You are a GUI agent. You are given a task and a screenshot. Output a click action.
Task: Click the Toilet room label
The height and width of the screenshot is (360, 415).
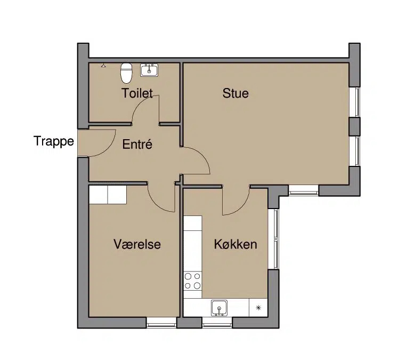tap(137, 93)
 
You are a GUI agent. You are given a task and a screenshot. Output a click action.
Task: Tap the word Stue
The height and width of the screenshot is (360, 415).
tap(235, 93)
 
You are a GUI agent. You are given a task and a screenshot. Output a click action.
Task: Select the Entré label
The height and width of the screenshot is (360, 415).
tap(137, 144)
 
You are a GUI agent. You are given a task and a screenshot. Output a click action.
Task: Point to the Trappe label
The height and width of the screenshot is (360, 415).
tap(54, 141)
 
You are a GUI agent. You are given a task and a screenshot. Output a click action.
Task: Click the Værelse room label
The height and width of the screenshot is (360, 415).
tap(137, 244)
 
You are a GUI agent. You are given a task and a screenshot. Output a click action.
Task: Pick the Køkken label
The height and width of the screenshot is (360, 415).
tap(235, 244)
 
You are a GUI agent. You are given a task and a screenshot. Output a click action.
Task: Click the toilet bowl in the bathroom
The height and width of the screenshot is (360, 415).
tap(126, 73)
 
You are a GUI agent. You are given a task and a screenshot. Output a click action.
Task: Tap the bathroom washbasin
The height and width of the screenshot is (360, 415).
tap(149, 70)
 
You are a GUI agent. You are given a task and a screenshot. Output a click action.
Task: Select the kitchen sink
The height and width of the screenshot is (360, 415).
tap(219, 308)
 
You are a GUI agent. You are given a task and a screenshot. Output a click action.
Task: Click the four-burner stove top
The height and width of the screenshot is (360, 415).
tap(192, 281)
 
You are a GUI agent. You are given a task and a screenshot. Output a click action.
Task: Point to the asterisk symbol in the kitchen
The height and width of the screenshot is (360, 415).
tap(258, 308)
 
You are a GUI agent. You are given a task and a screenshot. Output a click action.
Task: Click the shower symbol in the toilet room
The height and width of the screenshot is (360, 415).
tap(103, 65)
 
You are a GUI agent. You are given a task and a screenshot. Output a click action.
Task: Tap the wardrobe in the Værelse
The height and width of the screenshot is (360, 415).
tap(108, 195)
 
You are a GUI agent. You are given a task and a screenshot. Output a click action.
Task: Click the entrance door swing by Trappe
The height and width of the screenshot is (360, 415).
tap(108, 149)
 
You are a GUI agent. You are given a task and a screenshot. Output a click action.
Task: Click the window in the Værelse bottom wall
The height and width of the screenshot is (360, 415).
tap(161, 322)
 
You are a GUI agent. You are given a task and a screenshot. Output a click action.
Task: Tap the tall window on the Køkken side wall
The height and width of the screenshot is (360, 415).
tap(273, 239)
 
